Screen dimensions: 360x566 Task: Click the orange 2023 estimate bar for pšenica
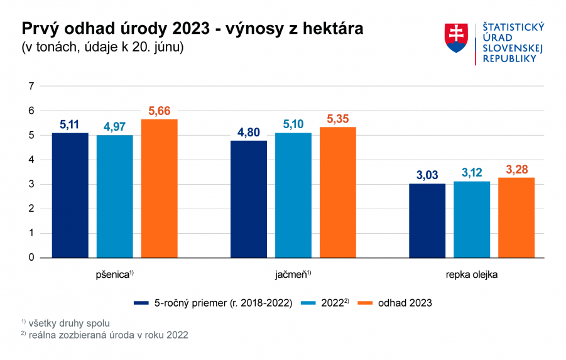click(159, 188)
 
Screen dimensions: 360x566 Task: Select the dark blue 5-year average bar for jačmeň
click(248, 199)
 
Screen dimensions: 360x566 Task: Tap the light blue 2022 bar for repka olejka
click(471, 219)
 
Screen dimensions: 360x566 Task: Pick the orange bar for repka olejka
click(516, 217)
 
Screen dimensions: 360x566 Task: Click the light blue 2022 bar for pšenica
click(114, 196)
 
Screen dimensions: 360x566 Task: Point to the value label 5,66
click(159, 111)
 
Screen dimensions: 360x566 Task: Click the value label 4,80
click(248, 133)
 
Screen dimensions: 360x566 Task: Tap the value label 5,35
click(337, 119)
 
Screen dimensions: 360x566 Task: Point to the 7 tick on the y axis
click(30, 86)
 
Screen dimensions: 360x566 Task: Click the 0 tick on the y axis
click(30, 258)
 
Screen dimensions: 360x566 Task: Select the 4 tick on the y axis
click(30, 160)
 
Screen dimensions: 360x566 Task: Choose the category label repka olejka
click(471, 275)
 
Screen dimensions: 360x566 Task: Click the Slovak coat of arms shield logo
click(457, 38)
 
